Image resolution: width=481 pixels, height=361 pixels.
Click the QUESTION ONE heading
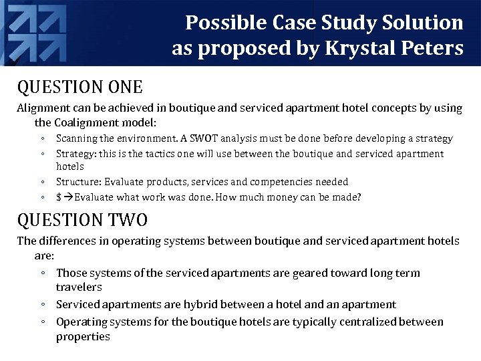pos(79,87)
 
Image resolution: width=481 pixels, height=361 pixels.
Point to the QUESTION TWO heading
pos(82,219)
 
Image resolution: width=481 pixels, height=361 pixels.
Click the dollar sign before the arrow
pos(59,197)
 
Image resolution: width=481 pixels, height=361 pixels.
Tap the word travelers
pos(79,287)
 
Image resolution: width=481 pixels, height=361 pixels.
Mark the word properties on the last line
pos(83,336)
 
